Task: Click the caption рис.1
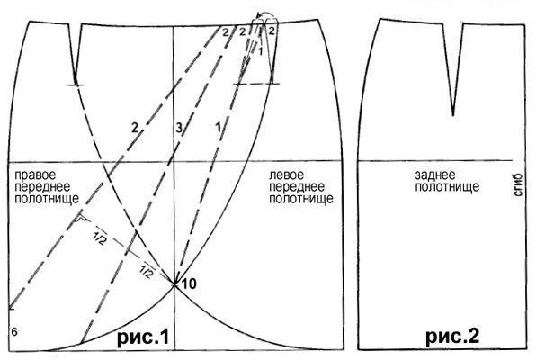143,337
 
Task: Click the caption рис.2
452,336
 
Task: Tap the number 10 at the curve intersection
188,283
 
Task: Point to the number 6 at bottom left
14,331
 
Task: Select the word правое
35,175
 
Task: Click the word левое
287,175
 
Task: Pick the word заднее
435,175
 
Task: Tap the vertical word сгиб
518,185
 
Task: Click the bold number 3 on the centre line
179,129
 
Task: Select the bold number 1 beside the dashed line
218,128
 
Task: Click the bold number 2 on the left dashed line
135,129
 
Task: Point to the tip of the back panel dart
453,115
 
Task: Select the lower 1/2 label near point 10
147,272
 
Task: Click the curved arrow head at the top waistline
259,15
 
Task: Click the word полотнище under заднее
447,187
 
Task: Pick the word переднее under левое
297,187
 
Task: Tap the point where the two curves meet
174,284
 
